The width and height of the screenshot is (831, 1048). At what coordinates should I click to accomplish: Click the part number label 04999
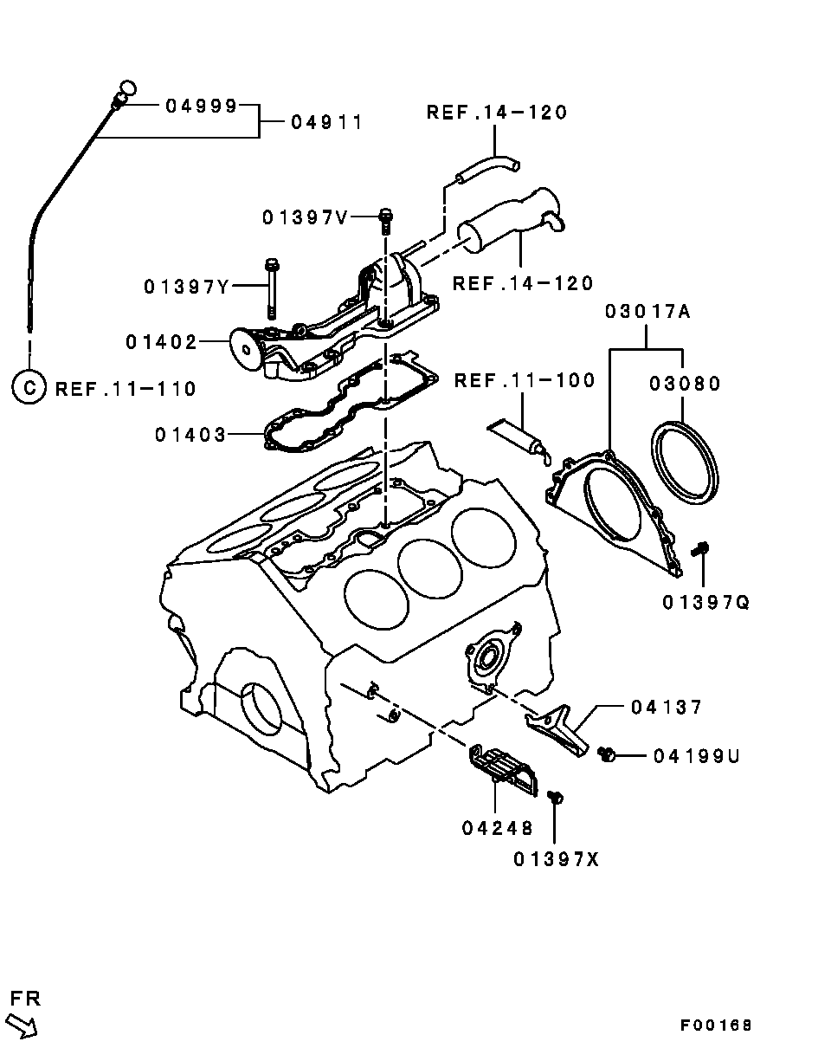coord(201,106)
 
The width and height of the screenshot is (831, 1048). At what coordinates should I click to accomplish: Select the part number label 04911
coord(325,122)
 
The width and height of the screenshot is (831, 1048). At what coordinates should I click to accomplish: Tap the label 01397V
coord(305,217)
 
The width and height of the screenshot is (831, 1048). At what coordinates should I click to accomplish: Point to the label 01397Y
coord(186,286)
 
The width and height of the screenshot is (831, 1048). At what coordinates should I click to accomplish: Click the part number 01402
coord(162,342)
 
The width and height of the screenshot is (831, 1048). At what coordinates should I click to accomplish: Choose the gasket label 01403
coord(190,434)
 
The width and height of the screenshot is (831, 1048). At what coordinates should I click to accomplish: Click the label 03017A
coord(647,312)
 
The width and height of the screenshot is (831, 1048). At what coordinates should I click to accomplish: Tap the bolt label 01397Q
coord(706,601)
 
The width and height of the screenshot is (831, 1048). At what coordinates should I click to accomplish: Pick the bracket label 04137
coord(667,708)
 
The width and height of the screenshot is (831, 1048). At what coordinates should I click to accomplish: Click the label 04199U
coord(697,756)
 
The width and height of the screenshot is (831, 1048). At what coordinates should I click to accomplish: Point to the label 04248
coord(497,828)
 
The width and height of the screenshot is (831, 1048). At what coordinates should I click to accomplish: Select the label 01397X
coord(556,859)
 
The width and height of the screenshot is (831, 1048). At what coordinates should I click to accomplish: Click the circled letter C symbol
coord(29,387)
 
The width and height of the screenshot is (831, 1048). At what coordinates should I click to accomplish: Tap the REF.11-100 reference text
coord(525,380)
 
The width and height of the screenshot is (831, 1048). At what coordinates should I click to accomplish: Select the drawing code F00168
coord(716,1025)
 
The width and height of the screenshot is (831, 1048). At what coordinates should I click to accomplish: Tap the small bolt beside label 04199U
coord(607,756)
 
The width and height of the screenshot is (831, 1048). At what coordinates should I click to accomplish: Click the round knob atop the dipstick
coord(127,87)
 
